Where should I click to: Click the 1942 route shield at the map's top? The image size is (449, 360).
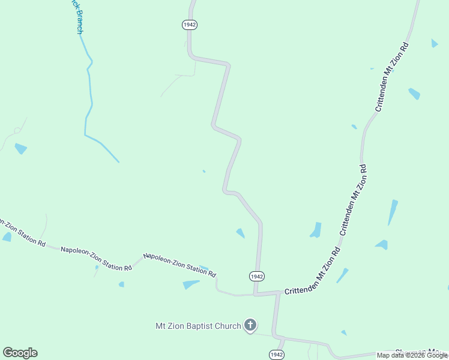pos(190,25)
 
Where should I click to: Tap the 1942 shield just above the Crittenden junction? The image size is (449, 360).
pos(257,276)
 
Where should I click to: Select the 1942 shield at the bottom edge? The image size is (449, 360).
pos(276,355)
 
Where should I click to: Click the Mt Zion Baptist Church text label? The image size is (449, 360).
pos(198,326)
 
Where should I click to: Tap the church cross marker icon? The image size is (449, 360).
pos(250,326)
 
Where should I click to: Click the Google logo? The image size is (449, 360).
pos(20,353)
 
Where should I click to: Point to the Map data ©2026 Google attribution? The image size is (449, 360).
pos(412,355)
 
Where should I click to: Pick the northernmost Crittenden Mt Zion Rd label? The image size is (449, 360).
pos(392,77)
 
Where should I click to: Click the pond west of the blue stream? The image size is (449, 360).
pos(21,148)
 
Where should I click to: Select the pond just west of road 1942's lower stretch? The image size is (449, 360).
pos(241,233)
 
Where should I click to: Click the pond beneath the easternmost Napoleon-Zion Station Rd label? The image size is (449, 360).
pos(191,284)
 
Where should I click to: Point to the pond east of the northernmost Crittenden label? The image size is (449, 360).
pos(414,94)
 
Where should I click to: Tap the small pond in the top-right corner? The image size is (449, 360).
pos(435,43)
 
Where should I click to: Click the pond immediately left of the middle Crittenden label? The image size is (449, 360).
pos(316,230)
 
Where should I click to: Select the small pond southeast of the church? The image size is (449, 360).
pos(344,332)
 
